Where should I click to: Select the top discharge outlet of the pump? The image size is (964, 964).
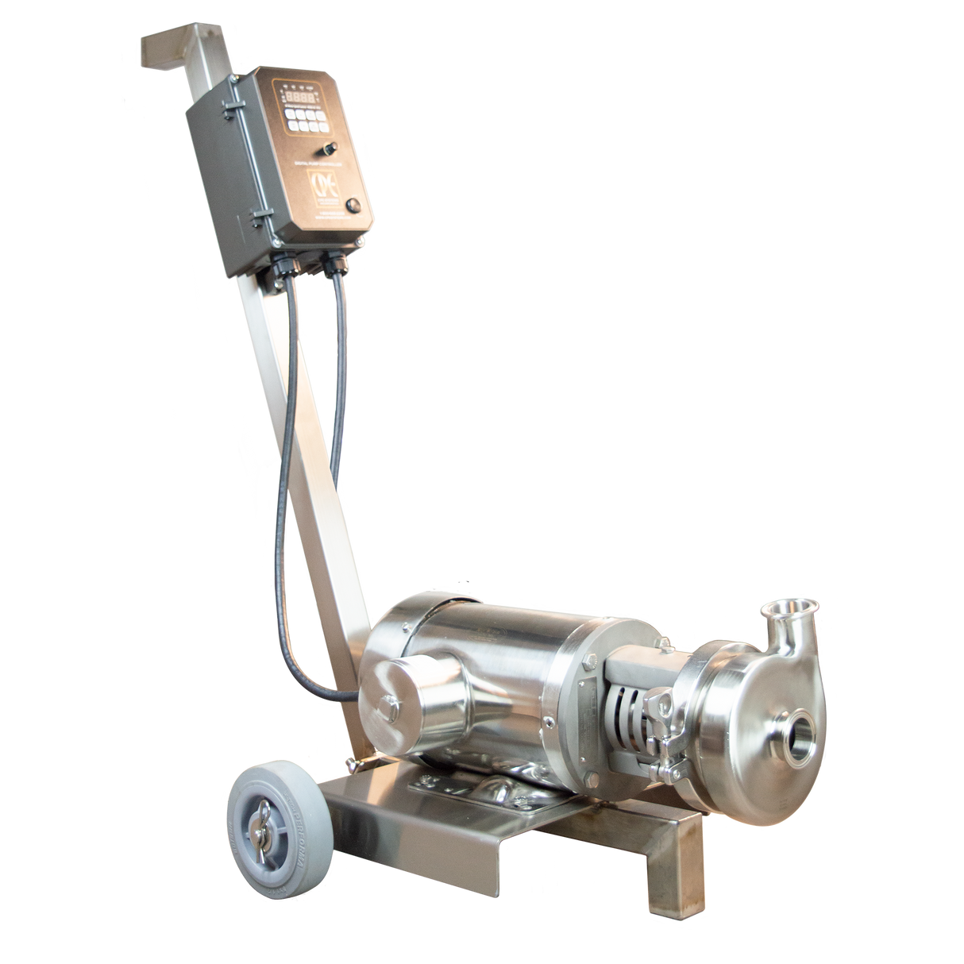pos(780,615)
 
